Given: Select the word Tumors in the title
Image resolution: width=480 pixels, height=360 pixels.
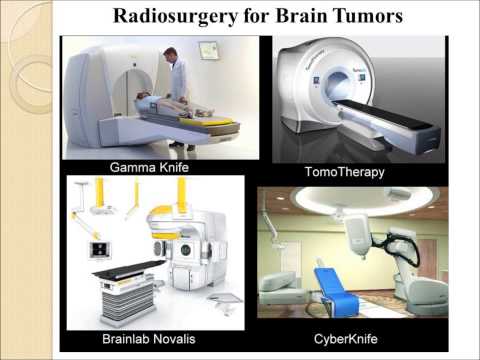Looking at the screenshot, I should (x=361, y=16).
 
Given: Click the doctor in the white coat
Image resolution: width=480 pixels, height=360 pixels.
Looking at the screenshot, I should (x=179, y=85).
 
